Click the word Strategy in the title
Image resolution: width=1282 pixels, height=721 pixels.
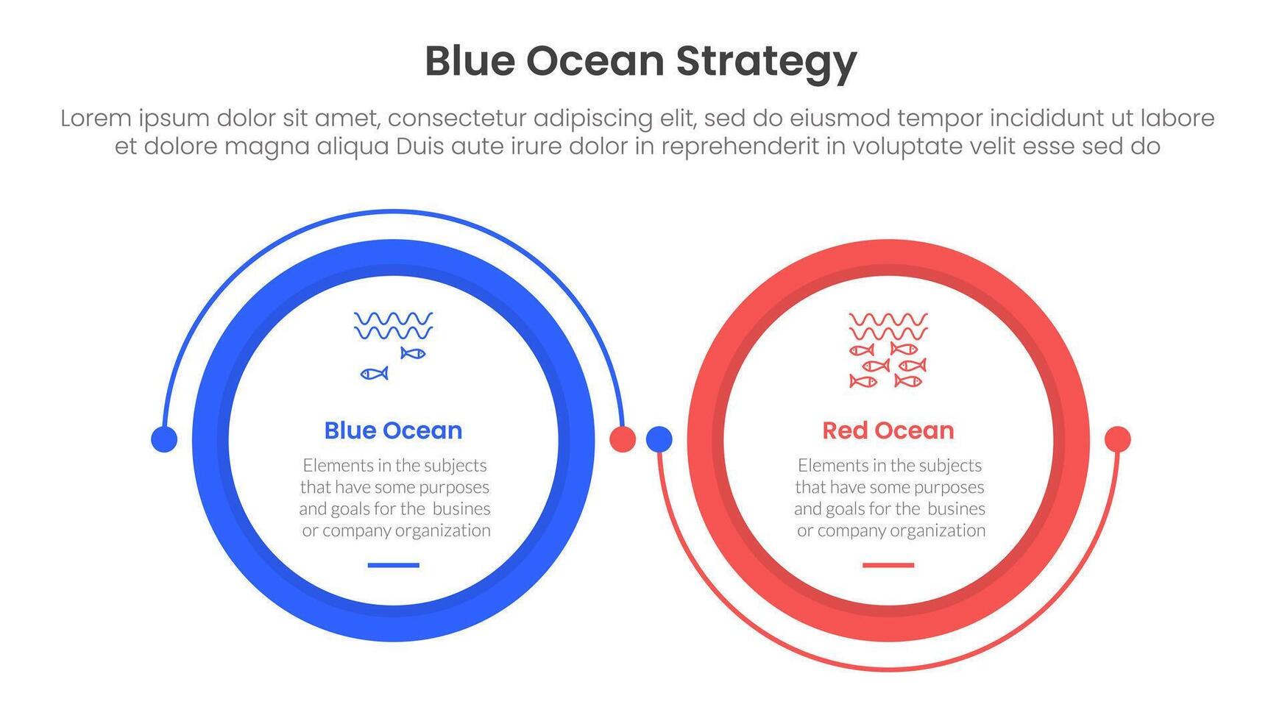766,63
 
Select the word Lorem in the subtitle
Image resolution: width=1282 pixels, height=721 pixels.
96,118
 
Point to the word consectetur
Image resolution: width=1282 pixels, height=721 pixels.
456,118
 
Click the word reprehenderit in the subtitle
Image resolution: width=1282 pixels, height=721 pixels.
740,147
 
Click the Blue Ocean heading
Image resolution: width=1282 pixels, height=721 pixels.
393,430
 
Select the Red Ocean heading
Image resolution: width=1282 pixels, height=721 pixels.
888,430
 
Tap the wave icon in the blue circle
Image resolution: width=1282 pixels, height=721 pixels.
393,325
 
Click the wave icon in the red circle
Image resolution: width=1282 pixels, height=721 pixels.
888,325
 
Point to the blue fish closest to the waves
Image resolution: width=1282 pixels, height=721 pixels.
413,353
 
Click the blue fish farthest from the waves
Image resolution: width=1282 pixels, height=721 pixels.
374,374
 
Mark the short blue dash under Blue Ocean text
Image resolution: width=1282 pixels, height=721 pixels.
393,565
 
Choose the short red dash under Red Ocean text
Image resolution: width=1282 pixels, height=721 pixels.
888,565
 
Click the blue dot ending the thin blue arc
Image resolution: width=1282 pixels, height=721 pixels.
164,439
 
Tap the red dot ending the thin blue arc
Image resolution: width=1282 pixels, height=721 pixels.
623,439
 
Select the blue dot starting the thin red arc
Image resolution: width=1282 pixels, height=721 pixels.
659,439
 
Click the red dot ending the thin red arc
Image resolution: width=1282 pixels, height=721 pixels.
1118,439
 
